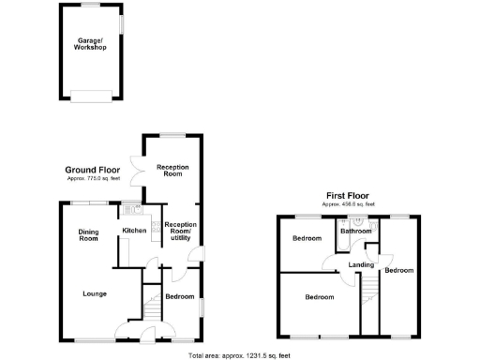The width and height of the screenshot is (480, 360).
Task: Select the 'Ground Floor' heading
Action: point(91,170)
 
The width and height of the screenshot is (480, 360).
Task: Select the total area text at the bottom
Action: point(239,355)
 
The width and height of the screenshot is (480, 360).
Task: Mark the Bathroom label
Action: point(355,231)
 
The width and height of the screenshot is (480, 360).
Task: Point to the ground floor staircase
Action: point(149,305)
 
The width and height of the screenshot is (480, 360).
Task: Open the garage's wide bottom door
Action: point(91,94)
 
